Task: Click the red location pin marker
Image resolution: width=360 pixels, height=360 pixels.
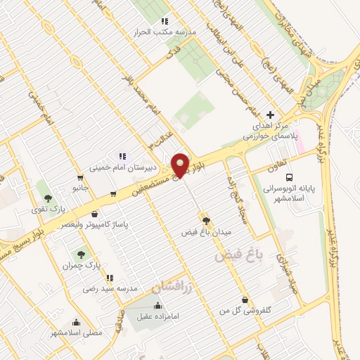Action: tap(181, 165)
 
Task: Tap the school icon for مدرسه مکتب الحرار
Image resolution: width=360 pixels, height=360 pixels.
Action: tap(165, 21)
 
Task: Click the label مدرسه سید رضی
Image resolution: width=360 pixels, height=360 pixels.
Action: tap(108, 288)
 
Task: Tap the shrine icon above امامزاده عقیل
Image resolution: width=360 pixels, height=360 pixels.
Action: tap(157, 305)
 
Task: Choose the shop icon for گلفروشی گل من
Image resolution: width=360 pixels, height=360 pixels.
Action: tap(244, 301)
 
